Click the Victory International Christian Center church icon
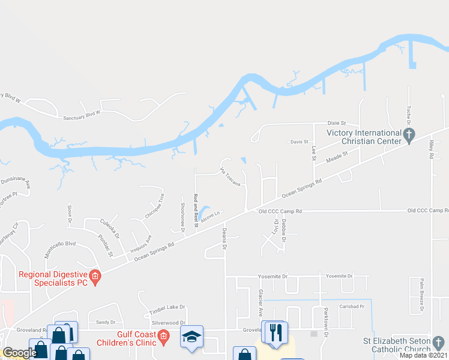click(x=409, y=136)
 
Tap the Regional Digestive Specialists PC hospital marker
click(x=95, y=277)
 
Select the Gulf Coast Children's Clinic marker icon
click(x=163, y=337)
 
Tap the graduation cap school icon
click(x=192, y=337)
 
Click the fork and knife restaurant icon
click(x=276, y=332)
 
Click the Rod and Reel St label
click(x=196, y=211)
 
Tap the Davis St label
click(x=298, y=142)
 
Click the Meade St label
click(x=337, y=158)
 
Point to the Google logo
click(x=19, y=353)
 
